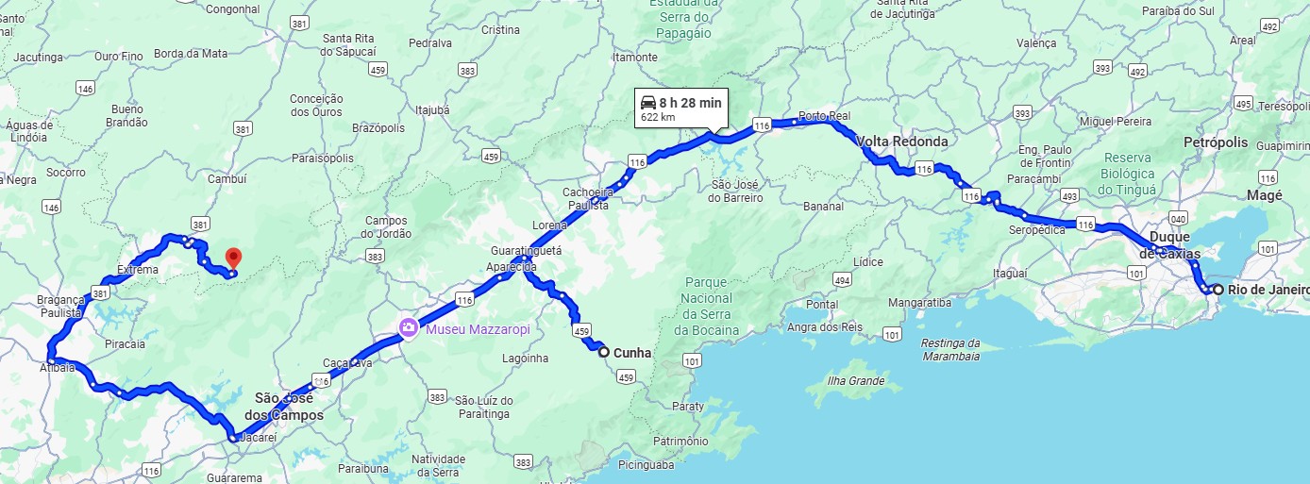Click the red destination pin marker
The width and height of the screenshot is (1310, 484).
[x=234, y=257]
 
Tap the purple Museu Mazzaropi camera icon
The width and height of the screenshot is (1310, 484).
[x=409, y=328]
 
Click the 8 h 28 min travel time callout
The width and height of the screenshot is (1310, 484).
[x=680, y=108]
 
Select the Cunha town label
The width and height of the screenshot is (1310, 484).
[x=632, y=353]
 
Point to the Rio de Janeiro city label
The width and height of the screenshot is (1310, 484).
[x=1268, y=290]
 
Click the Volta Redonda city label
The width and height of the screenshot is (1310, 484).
[x=903, y=142]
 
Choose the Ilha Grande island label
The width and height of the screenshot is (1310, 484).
[x=855, y=381]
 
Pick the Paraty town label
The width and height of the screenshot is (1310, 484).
[x=689, y=407]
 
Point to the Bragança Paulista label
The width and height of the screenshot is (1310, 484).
[x=59, y=306]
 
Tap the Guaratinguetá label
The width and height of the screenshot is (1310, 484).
[x=526, y=251]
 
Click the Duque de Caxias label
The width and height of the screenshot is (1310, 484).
[x=1169, y=244]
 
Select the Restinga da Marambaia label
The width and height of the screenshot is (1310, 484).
[x=950, y=349]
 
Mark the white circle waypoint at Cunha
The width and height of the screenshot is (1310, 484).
[x=604, y=352]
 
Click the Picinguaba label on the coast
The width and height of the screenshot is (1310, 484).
[x=647, y=464]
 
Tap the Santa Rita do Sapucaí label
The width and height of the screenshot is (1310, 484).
[x=349, y=44]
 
